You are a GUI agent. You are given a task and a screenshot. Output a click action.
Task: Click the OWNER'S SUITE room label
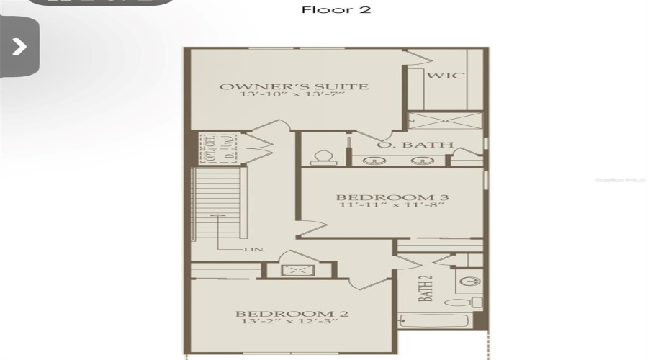pos(294,87)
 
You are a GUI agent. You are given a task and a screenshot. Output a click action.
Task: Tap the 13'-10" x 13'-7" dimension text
pos(294,97)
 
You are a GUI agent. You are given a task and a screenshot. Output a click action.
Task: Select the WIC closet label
pos(446,76)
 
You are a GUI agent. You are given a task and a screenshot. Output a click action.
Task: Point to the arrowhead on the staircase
pos(215,215)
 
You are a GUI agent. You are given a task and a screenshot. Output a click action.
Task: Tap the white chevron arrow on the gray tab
pos(19,47)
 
